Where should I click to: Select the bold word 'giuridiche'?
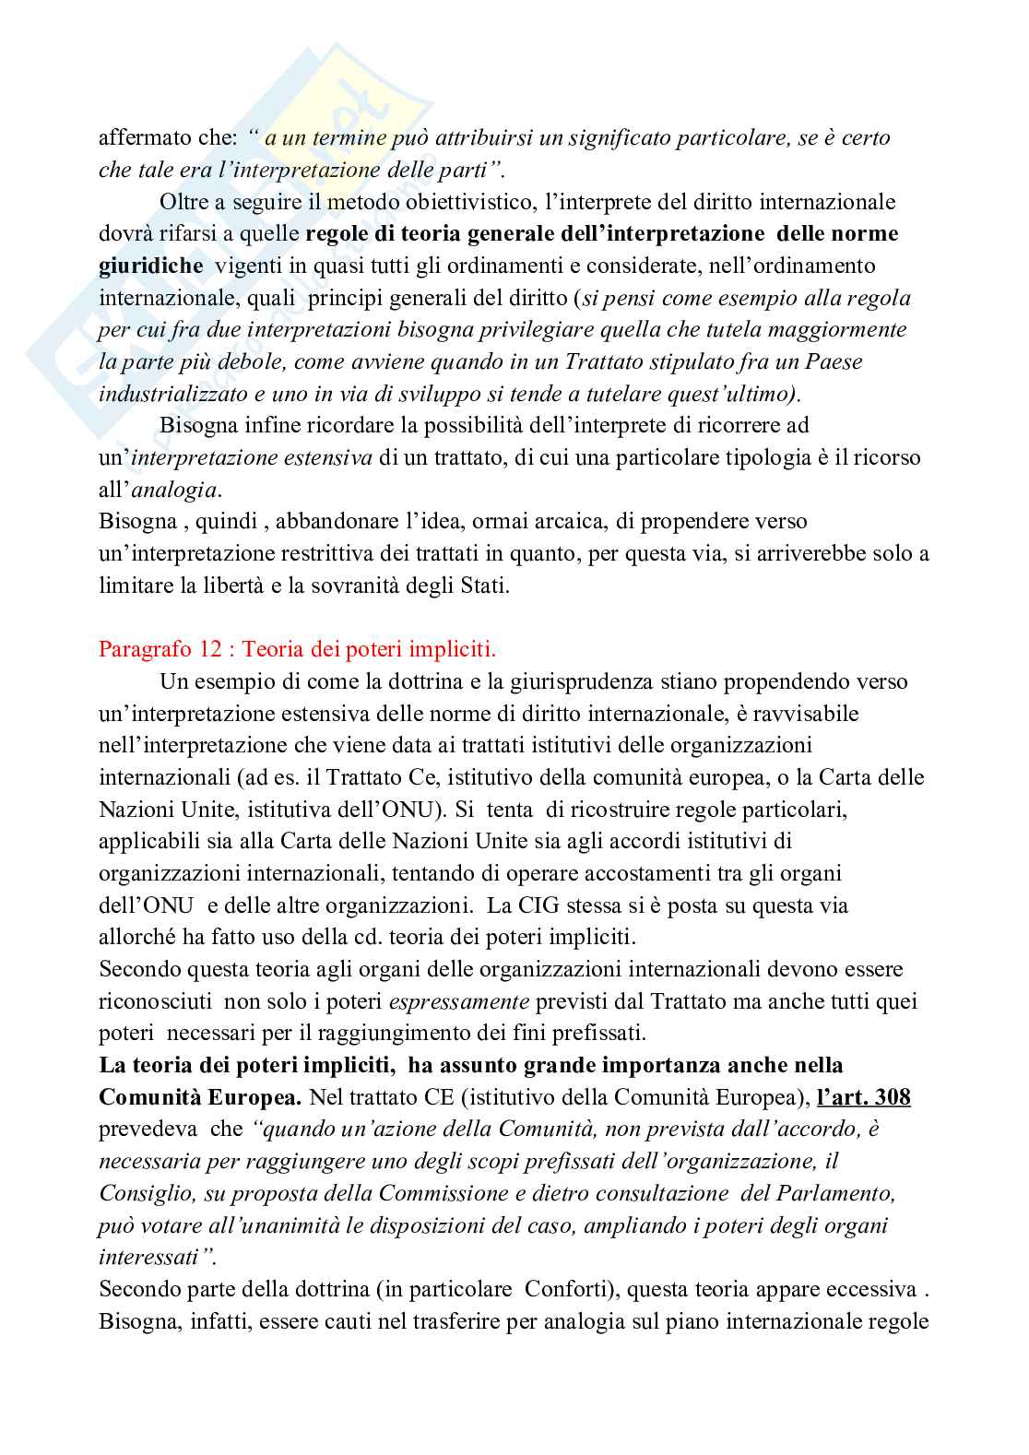click(151, 266)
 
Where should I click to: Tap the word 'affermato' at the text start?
click(143, 138)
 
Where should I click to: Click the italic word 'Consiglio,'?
click(144, 1193)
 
